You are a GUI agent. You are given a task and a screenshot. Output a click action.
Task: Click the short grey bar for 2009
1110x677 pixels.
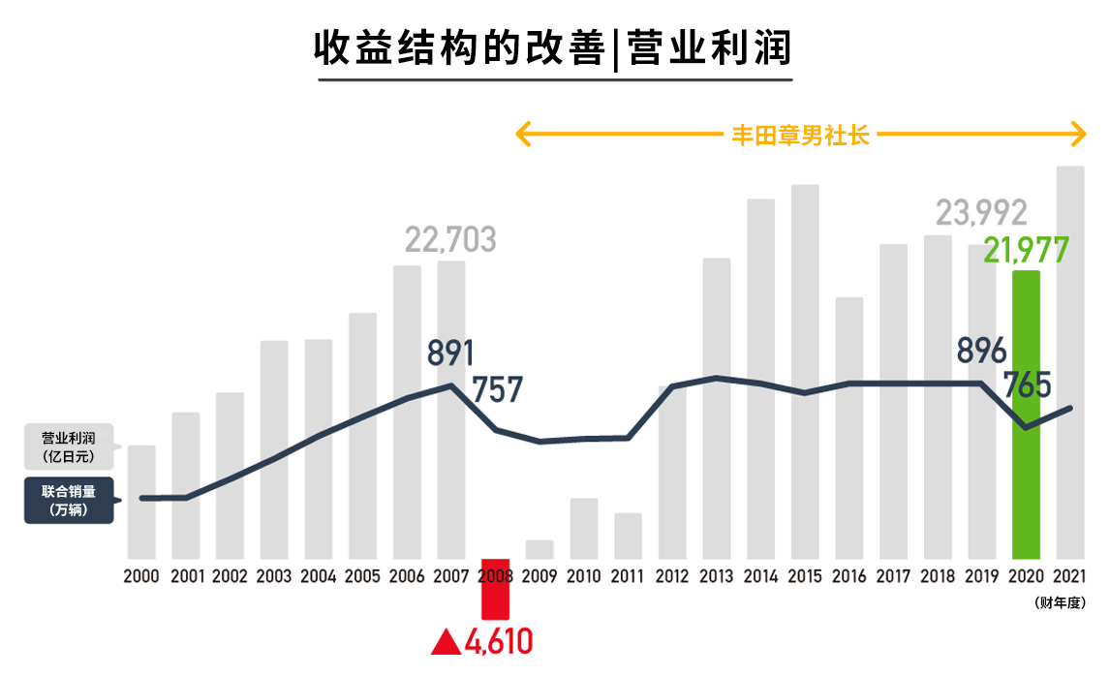point(540,549)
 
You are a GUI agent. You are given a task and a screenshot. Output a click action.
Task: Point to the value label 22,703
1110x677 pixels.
point(450,238)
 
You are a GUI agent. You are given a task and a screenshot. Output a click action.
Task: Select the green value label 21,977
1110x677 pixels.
point(1026,250)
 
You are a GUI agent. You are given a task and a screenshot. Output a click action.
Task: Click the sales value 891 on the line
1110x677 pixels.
point(449,353)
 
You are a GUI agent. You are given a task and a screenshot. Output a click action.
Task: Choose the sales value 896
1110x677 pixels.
point(980,350)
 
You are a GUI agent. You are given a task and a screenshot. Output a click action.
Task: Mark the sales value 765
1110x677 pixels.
point(1027,385)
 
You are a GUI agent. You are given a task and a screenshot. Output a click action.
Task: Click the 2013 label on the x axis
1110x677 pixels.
point(716,575)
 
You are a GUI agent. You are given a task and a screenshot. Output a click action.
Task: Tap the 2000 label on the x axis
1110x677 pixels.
point(141,575)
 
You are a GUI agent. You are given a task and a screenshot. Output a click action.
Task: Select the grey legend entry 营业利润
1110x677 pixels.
point(68,446)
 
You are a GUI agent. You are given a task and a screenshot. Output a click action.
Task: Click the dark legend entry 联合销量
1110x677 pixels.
point(68,500)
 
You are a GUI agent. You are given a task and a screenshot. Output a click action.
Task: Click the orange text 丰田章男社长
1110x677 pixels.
point(800,135)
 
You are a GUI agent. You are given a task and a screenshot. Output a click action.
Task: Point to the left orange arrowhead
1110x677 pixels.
point(523,134)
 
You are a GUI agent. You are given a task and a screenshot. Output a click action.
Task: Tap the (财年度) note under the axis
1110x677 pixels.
point(1060,602)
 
